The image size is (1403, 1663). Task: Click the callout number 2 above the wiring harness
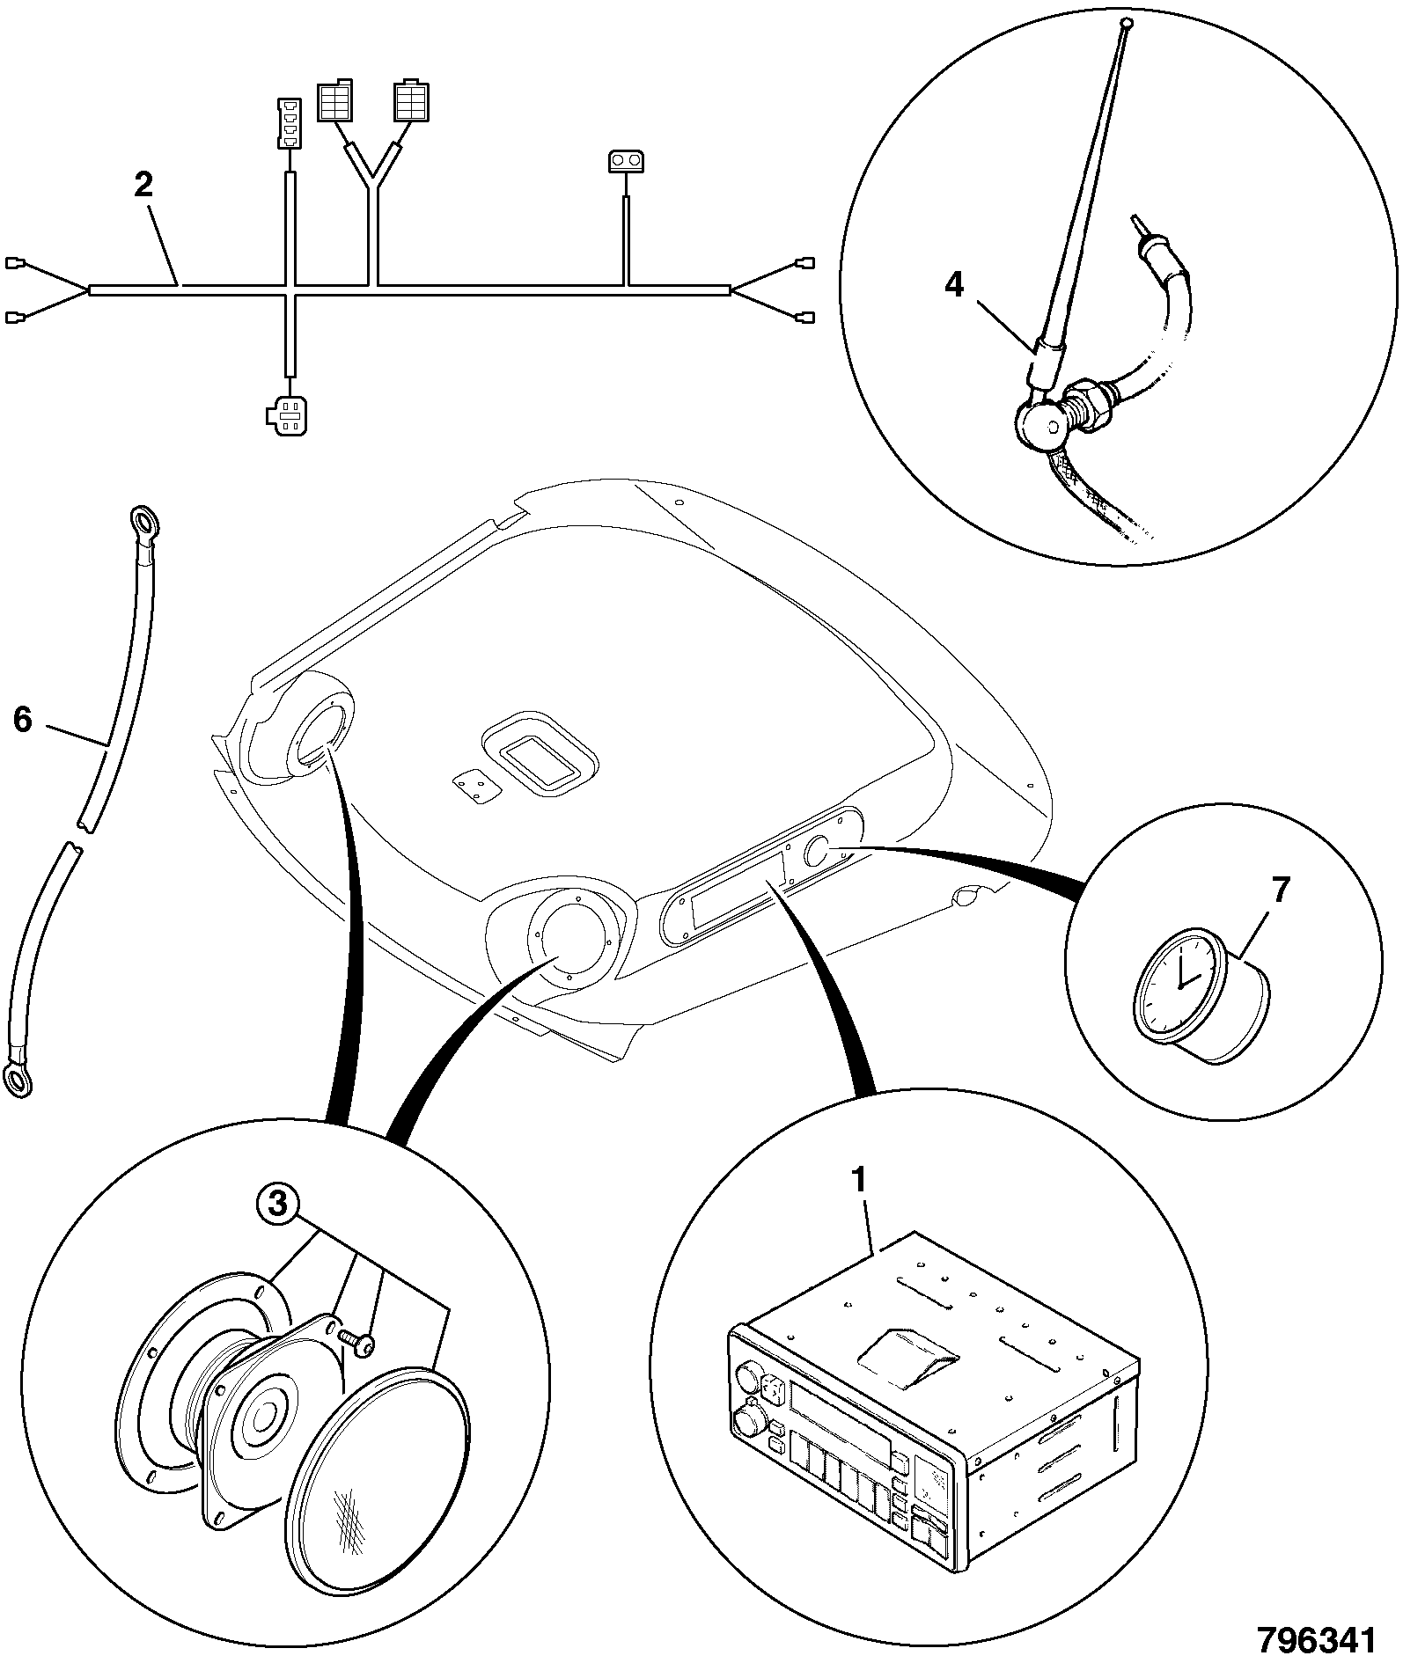point(143,185)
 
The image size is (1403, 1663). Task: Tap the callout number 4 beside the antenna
point(955,286)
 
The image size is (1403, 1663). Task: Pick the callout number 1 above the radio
point(859,1180)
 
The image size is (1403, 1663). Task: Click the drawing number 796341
point(1315,1640)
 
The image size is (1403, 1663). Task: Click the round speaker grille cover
point(377,1442)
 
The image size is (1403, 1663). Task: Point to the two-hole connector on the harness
point(626,161)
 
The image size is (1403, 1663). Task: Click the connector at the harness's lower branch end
point(284,414)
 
